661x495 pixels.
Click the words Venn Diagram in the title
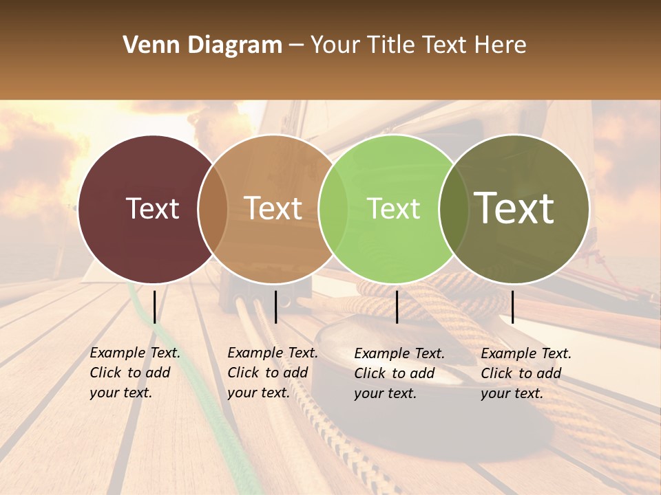202,45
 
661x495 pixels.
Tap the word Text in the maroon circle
152,208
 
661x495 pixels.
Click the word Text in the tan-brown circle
273,208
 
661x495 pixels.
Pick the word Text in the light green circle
393,208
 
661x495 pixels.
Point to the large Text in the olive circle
514,208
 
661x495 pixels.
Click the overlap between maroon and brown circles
213,209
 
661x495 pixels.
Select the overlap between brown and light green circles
333,209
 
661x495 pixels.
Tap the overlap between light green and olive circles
453,209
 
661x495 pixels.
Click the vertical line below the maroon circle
155,307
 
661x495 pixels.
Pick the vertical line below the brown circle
275,307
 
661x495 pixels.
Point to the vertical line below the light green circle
397,307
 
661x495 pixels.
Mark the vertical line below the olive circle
512,307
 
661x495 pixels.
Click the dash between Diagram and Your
296,46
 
